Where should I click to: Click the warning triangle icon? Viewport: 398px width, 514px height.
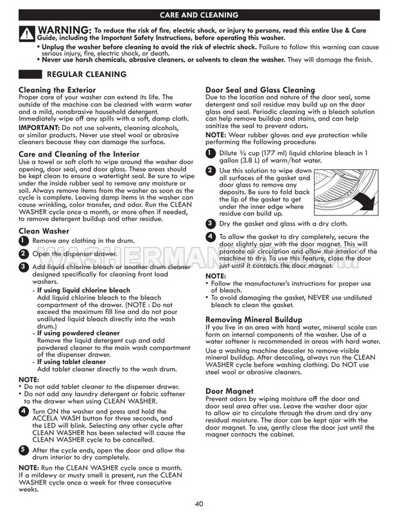click(26, 34)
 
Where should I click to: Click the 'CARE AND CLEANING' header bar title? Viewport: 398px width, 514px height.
click(199, 13)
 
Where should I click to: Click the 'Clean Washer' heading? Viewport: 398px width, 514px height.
click(44, 231)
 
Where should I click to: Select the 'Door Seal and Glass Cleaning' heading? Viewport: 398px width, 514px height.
click(259, 90)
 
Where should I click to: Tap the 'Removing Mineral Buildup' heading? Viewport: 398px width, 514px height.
click(254, 319)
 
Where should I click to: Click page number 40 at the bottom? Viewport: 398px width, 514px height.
click(199, 502)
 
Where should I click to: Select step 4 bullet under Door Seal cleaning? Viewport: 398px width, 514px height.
click(210, 237)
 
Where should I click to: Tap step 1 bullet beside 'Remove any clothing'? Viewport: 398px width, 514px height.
click(23, 240)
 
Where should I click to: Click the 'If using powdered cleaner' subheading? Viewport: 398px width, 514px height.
click(78, 333)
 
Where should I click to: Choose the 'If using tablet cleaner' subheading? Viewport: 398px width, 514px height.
click(72, 362)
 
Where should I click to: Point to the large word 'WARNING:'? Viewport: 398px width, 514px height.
click(64, 30)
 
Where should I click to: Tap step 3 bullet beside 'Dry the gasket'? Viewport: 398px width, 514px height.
click(210, 224)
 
